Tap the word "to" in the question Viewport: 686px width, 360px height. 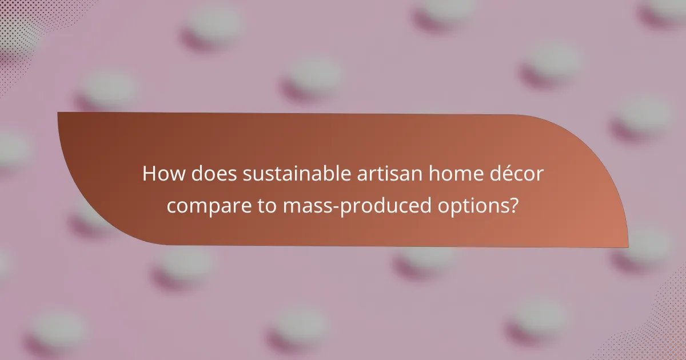point(264,206)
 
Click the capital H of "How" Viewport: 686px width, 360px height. point(149,173)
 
